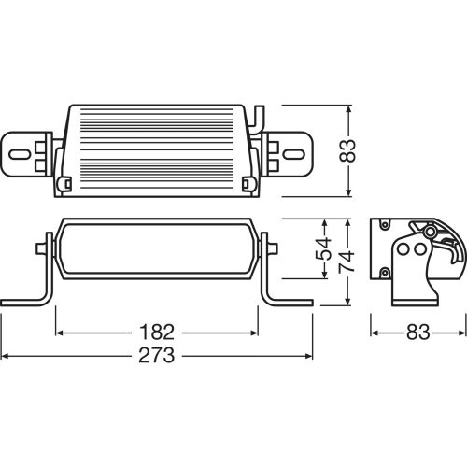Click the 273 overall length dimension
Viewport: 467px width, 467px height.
(x=158, y=357)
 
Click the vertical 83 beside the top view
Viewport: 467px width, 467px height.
(x=347, y=150)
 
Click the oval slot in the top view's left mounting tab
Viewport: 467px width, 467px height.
(x=21, y=151)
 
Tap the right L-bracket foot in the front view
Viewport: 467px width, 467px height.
(x=288, y=301)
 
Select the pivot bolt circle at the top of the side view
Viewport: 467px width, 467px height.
(x=428, y=230)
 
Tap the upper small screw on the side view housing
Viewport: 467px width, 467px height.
(x=382, y=226)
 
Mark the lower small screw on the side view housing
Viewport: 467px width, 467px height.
(x=382, y=272)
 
